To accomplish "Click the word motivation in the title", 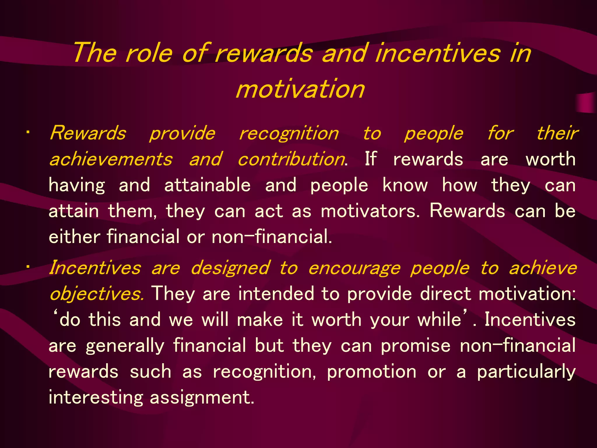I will pyautogui.click(x=300, y=89).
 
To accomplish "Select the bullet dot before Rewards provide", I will pyautogui.click(x=27, y=133).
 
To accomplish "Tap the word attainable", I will pyautogui.click(x=207, y=185).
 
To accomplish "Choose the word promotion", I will pyautogui.click(x=372, y=372).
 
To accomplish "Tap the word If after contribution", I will pyautogui.click(x=371, y=159).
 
